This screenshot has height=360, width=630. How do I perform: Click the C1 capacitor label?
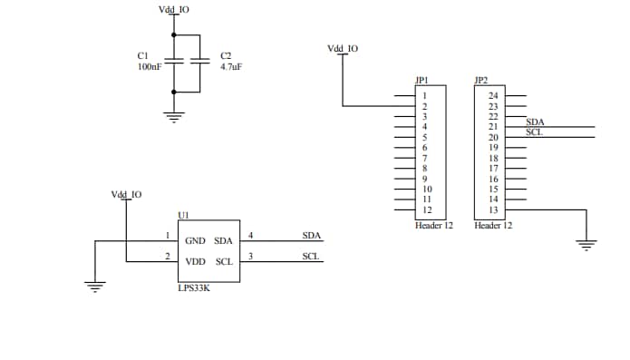click(142, 56)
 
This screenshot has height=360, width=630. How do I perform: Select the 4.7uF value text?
click(231, 67)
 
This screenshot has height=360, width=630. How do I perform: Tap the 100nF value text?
click(150, 67)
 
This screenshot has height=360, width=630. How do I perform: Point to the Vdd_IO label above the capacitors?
click(174, 9)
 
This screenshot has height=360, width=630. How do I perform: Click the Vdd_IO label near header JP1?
click(342, 48)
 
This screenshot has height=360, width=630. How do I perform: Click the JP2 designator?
click(480, 81)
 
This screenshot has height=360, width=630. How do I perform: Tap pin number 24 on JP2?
click(493, 95)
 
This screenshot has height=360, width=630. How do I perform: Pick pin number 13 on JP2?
click(493, 209)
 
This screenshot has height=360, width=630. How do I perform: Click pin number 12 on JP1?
click(426, 209)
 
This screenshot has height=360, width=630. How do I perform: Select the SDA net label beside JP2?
click(535, 122)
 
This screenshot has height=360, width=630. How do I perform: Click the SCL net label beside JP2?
click(534, 132)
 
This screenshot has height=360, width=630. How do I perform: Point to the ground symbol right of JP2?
click(587, 243)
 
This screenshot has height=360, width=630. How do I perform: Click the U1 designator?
click(183, 215)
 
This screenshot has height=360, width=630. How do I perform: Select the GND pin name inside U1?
click(195, 241)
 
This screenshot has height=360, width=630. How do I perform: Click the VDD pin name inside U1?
click(195, 261)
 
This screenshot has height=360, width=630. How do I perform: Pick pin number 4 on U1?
click(250, 236)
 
